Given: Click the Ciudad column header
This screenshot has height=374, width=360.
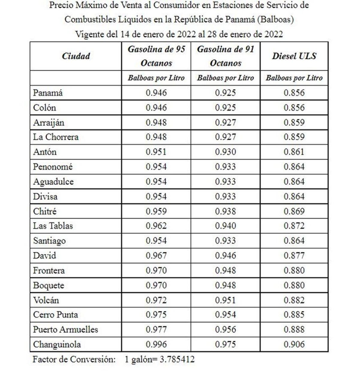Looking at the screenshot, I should tap(76, 56).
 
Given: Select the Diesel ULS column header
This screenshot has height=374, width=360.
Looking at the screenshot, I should tap(294, 56).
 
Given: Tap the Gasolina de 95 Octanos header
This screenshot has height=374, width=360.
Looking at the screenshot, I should tap(156, 56).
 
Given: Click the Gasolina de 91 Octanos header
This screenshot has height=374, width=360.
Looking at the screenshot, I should tap(225, 56).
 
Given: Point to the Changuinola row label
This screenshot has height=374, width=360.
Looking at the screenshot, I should tap(57, 344).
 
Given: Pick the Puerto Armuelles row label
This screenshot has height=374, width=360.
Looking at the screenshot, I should tap(65, 330).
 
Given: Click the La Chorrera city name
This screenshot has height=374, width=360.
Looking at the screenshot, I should tap(56, 137).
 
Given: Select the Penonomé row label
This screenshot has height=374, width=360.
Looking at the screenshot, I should tap(53, 167).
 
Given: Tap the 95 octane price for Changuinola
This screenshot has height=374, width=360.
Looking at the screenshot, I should tap(156, 344).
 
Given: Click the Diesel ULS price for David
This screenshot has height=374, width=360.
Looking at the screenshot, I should tap(294, 256).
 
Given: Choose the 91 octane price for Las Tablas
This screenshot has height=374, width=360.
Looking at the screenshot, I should tap(225, 226).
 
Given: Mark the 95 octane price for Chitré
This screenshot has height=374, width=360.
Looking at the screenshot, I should tap(156, 211).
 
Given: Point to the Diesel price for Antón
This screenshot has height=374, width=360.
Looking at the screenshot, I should tap(294, 152).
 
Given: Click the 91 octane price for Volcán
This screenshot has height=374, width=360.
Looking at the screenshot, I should tap(225, 300).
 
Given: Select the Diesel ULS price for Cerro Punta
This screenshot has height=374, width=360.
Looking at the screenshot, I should tap(294, 315).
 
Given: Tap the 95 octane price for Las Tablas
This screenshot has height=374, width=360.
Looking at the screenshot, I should tap(156, 226).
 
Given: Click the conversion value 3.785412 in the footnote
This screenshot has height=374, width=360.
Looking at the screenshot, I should tap(177, 359).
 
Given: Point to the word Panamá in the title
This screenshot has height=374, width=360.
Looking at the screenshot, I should tap(240, 20).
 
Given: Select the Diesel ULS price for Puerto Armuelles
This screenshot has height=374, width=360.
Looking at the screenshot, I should tap(294, 330).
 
